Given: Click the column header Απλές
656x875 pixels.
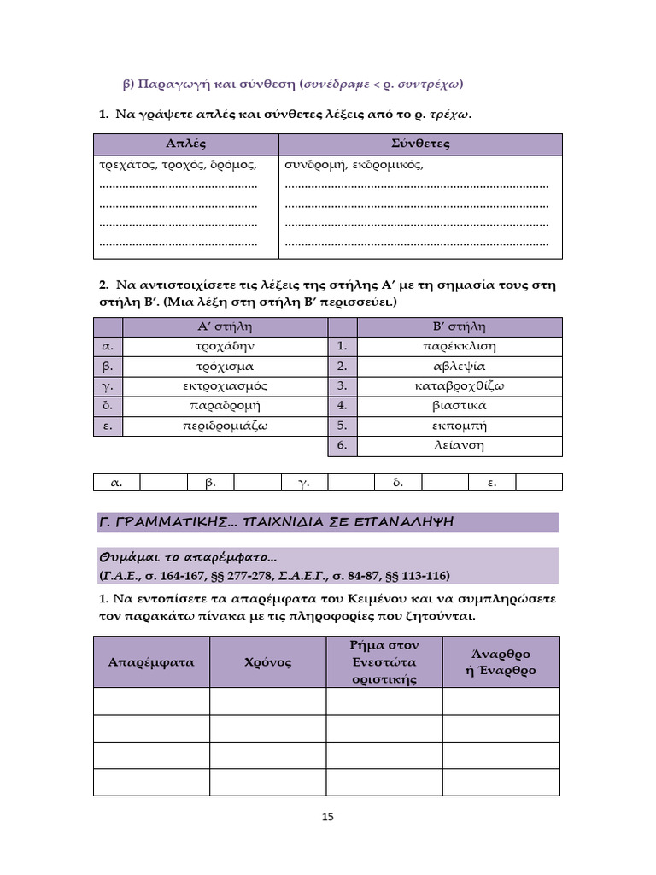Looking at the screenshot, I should click(186, 144).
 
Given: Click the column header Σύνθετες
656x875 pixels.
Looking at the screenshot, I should click(420, 144).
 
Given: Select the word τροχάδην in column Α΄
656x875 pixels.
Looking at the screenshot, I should click(225, 347).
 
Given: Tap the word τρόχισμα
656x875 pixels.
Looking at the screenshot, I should click(225, 367).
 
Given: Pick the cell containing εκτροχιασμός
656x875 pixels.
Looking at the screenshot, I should click(225, 386).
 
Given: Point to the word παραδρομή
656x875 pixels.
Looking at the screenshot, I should click(225, 406).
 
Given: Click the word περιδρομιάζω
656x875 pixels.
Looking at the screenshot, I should click(225, 426).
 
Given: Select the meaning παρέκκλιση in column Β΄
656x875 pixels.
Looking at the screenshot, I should click(460, 347).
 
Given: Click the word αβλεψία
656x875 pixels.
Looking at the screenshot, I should click(460, 367).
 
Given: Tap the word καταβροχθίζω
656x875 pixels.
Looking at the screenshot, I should click(460, 386).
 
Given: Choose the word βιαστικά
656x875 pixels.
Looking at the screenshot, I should click(460, 406).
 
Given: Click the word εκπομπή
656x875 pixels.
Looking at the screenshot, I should click(460, 426).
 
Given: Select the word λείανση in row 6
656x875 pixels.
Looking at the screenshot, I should click(460, 445).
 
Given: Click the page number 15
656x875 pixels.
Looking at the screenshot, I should click(327, 817).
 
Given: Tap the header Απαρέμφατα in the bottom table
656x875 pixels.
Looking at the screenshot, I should click(151, 662).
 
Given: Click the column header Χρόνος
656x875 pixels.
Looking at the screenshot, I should click(267, 662).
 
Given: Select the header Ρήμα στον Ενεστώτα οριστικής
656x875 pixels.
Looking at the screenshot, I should click(384, 662).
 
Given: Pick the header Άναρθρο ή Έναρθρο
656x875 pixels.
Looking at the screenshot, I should click(501, 662).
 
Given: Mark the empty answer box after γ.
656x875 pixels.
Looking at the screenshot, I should click(351, 483).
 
